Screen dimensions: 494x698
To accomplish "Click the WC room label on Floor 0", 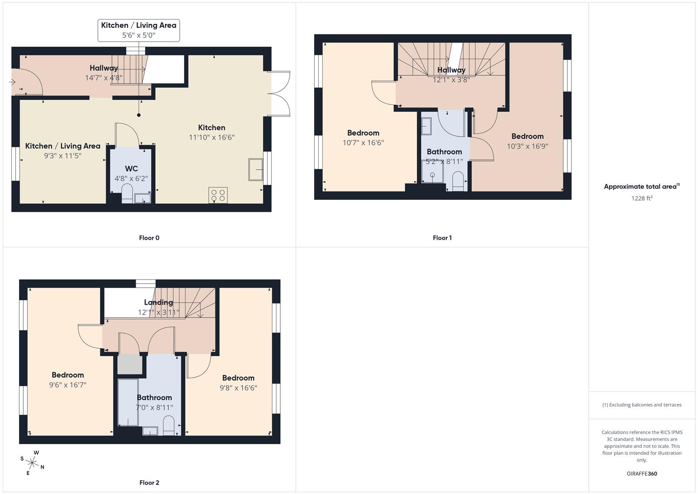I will [x=131, y=169].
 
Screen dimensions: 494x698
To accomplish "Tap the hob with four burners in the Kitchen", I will [x=218, y=195].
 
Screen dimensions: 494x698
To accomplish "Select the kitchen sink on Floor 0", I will [x=256, y=170].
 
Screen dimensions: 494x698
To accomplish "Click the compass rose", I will [x=32, y=462].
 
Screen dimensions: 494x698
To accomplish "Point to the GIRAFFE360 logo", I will [x=641, y=473].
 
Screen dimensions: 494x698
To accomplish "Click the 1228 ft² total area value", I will [x=641, y=198].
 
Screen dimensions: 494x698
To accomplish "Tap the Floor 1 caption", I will [x=442, y=238].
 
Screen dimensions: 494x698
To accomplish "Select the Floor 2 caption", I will [x=149, y=483].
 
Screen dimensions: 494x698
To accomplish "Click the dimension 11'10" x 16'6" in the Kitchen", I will [x=212, y=137].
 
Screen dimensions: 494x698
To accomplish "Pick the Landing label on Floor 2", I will [x=158, y=302].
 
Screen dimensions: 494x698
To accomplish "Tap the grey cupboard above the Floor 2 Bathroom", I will [x=130, y=364].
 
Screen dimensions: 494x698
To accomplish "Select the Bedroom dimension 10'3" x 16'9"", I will [x=527, y=146].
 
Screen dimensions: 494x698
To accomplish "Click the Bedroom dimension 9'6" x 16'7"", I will [x=68, y=385].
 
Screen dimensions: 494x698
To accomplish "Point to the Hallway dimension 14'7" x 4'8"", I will [x=104, y=78].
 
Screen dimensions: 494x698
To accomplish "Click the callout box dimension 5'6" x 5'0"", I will [x=139, y=35].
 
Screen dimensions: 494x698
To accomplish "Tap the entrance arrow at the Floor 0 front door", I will [x=12, y=82].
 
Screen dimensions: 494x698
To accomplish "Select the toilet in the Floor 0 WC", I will [x=127, y=193].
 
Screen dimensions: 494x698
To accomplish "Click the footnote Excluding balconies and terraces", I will [x=641, y=405].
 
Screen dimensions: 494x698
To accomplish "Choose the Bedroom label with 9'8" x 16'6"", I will [x=238, y=378].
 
